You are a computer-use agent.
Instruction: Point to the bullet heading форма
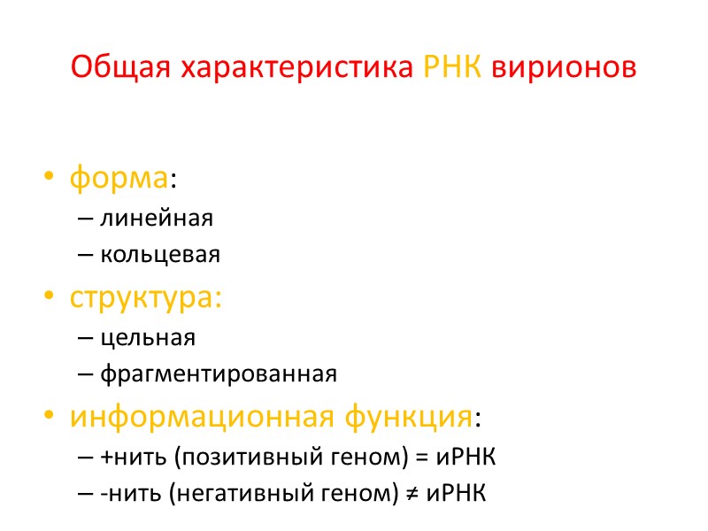[119, 179]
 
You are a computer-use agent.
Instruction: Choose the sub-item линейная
[157, 217]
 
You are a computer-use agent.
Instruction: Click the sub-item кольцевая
[160, 255]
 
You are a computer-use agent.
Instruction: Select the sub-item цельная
[148, 337]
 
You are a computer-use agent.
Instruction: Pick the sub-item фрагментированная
[219, 373]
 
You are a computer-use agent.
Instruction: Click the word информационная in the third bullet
[186, 415]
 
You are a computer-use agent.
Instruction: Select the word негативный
[219, 493]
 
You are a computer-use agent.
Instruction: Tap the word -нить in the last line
[124, 493]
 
